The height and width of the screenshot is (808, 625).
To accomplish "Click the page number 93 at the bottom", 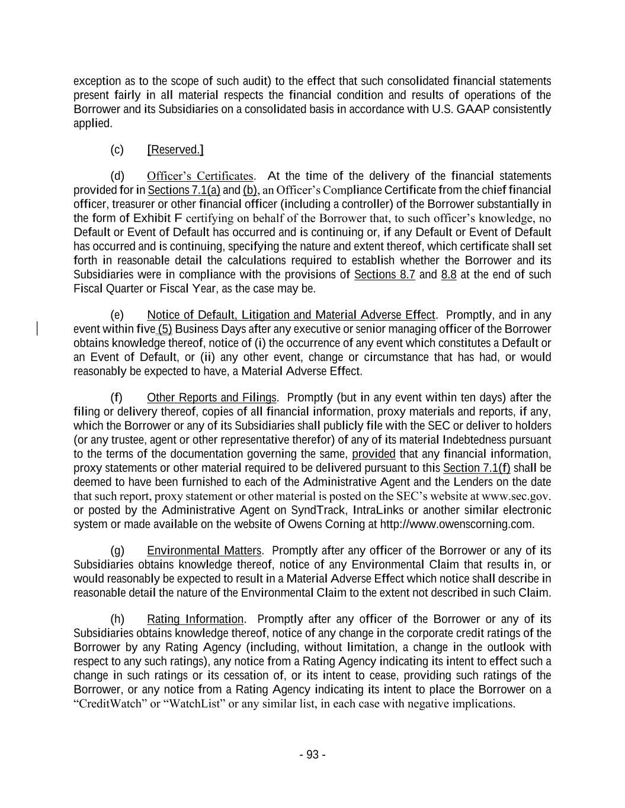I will pos(312,754).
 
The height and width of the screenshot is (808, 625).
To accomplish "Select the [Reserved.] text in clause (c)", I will pos(175,150).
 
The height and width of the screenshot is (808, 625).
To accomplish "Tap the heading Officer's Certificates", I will pos(201,176).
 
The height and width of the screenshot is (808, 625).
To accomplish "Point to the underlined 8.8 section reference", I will pos(448,275).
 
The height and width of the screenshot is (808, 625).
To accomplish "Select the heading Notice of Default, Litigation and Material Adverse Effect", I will pos(291,315).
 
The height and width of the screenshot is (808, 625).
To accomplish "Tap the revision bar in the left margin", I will pos(38,329).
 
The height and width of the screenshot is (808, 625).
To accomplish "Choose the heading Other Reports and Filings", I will pos(211,397).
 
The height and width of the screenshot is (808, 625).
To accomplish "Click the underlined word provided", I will pos(373,454).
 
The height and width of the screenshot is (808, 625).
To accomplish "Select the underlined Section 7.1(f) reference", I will pos(477,468).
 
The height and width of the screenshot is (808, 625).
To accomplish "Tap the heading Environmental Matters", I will pos(204,551).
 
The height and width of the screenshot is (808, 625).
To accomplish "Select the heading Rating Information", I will pos(195,619).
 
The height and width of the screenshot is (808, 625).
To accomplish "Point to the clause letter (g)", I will pos(117,551).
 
